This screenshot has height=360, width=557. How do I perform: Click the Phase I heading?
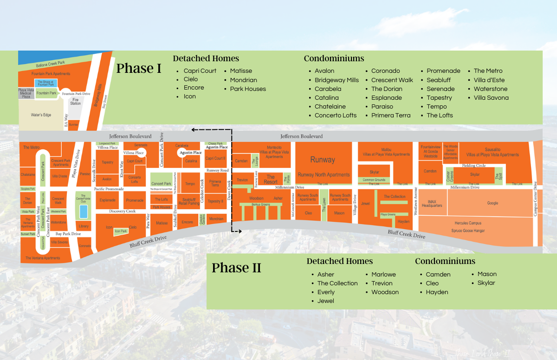click(139, 68)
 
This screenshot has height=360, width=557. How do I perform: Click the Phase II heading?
click(236, 268)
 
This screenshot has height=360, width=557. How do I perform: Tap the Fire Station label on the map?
click(75, 101)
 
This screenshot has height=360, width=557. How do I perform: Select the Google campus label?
click(492, 203)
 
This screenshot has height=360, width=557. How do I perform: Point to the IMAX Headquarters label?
click(432, 203)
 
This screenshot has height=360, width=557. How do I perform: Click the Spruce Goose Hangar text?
click(468, 230)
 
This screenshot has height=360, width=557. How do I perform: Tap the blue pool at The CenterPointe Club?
click(83, 212)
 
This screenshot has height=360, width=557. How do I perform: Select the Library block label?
click(84, 226)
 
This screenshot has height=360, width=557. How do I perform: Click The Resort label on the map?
click(271, 179)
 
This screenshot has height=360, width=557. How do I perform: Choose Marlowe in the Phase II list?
click(383, 274)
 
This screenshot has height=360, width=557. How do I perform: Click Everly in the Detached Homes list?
click(326, 292)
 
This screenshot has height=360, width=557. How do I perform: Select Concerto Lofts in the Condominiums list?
click(336, 116)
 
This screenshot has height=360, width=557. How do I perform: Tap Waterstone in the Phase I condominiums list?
click(491, 89)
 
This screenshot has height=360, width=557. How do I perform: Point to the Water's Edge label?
click(41, 115)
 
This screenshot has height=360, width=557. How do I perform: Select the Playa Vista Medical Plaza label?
click(26, 93)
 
